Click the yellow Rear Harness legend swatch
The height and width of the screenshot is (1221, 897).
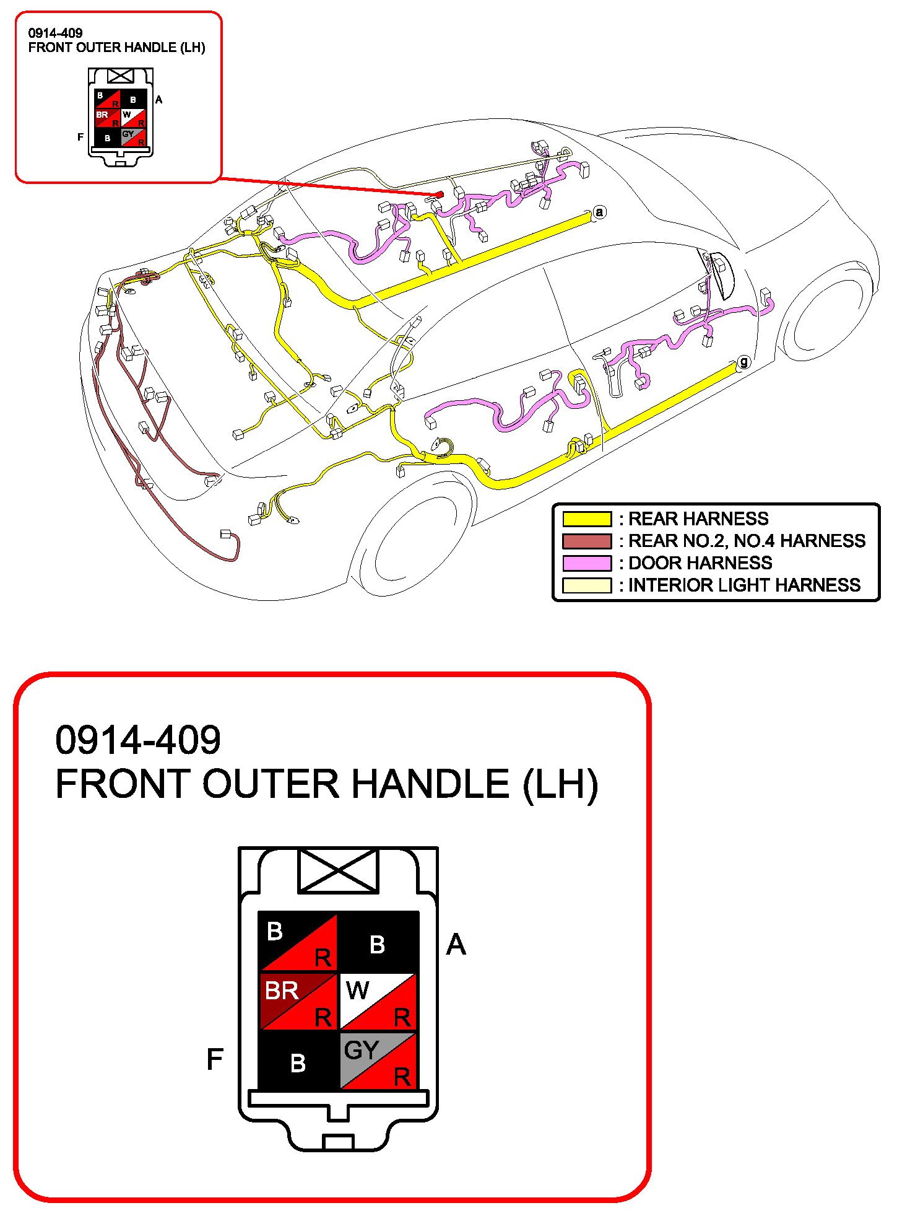click(586, 519)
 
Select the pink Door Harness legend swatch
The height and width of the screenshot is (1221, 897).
click(586, 563)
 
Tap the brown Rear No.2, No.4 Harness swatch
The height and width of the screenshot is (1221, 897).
click(586, 541)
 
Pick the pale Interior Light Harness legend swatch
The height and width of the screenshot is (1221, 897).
click(586, 585)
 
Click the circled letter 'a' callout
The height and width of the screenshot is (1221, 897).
click(599, 212)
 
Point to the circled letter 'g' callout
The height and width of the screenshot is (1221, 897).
click(743, 362)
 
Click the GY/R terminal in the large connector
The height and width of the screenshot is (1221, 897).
click(378, 1061)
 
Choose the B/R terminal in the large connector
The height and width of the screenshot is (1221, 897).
click(298, 942)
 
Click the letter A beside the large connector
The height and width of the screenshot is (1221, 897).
click(456, 945)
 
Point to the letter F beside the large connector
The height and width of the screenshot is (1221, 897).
click(214, 1059)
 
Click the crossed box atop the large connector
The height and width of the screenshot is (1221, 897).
click(338, 871)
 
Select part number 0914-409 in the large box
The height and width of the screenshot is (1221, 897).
click(138, 740)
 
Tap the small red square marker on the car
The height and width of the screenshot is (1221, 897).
click(440, 195)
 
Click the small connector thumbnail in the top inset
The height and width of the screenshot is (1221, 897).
click(121, 118)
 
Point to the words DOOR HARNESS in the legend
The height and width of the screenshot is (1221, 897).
click(700, 563)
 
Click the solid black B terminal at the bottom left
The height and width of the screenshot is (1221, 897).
click(298, 1062)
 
